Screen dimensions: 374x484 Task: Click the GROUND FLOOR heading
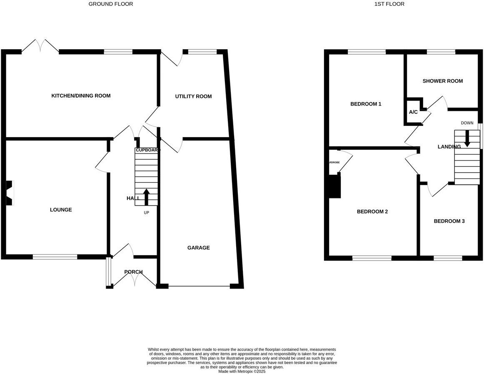[111, 4]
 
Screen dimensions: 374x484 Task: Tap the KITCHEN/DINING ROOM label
[81, 96]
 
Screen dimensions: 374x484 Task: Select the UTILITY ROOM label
[193, 97]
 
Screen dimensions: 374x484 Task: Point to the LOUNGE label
[61, 210]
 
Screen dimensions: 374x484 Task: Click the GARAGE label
[198, 248]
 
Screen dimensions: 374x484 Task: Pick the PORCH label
[133, 272]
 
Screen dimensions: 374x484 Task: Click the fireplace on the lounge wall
[9, 193]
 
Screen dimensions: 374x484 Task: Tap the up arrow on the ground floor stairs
[146, 197]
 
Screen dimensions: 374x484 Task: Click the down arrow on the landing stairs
[467, 138]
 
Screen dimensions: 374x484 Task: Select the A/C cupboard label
[413, 112]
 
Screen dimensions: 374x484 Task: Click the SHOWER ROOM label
[442, 81]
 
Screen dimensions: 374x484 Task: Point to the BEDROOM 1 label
[366, 104]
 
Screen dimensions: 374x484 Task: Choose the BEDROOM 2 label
[372, 211]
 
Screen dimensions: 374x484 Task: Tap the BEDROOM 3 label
[449, 221]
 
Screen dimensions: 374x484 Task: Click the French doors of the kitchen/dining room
[40, 46]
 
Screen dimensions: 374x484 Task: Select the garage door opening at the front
[199, 286]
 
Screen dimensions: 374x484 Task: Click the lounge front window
[55, 257]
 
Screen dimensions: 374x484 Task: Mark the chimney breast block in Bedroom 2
[334, 186]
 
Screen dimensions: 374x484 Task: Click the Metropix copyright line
[242, 371]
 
